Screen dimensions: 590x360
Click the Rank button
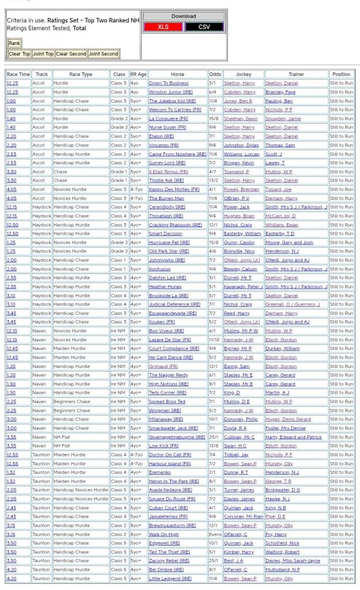coord(14,43)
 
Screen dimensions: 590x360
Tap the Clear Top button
coord(20,54)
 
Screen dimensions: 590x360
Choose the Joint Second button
coord(103,54)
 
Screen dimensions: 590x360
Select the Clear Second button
coord(71,54)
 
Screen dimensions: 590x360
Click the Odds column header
coord(215,74)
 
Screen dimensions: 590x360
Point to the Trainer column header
coord(296,74)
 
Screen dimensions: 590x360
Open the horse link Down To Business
coord(168,83)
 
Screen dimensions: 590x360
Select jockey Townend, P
coord(235,171)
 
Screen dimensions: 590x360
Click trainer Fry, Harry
coord(277,534)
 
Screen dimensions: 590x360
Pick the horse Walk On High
coord(164,534)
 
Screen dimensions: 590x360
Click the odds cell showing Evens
coord(215,534)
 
